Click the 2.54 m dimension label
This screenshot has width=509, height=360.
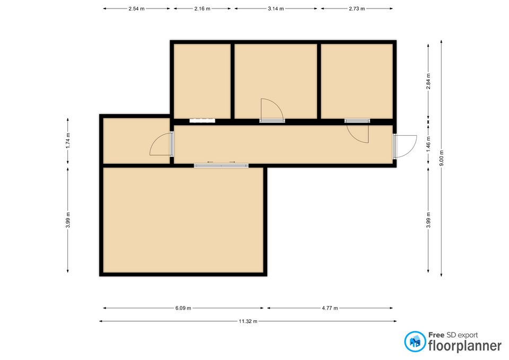coord(136,9)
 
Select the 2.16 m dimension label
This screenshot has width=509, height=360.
coord(202,9)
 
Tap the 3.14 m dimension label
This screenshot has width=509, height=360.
coord(276,9)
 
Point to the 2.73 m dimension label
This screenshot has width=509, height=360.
coord(357,9)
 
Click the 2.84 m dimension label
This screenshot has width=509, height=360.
coord(428,81)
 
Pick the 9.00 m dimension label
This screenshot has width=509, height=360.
coord(442,158)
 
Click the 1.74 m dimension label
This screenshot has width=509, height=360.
coord(68,141)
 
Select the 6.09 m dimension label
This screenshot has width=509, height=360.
coord(183,308)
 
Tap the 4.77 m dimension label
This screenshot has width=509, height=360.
coord(330,308)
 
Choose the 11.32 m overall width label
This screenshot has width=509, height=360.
coord(248,321)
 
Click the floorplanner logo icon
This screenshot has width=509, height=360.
coord(415,341)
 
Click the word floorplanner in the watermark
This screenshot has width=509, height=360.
coord(465,346)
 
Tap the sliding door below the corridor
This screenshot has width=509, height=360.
coord(222,165)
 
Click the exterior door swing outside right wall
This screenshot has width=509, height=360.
coord(405,147)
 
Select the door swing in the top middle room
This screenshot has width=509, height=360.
coord(272,110)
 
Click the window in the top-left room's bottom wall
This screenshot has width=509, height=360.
coord(202,121)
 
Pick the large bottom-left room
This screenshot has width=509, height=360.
coord(183,220)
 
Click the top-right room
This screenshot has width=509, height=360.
coord(357,81)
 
